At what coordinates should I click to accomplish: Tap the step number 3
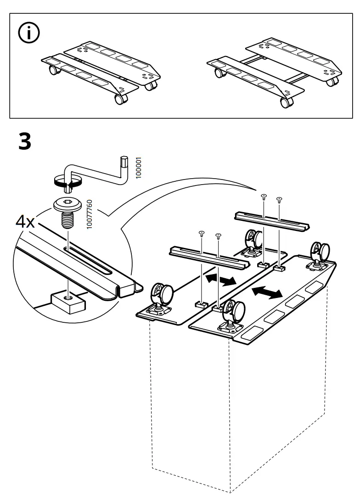(25, 141)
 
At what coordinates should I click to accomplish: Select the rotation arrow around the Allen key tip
(67, 181)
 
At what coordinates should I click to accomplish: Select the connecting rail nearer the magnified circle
(209, 257)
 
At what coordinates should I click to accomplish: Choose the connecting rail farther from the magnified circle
(272, 220)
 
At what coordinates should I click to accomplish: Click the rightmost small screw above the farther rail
(279, 199)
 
